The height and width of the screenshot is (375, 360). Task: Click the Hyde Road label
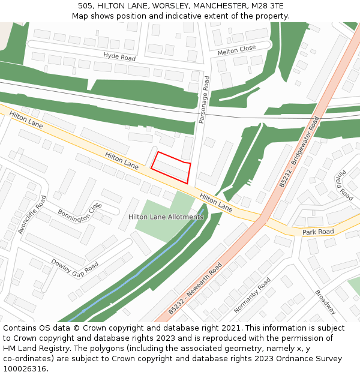119,57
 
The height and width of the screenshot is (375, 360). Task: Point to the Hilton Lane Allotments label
166,217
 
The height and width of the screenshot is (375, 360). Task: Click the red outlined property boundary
171,167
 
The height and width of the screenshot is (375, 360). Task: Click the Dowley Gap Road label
74,267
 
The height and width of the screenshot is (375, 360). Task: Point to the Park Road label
318,232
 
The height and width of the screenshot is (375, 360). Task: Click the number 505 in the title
85,5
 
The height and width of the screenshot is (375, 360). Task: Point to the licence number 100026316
24,369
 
